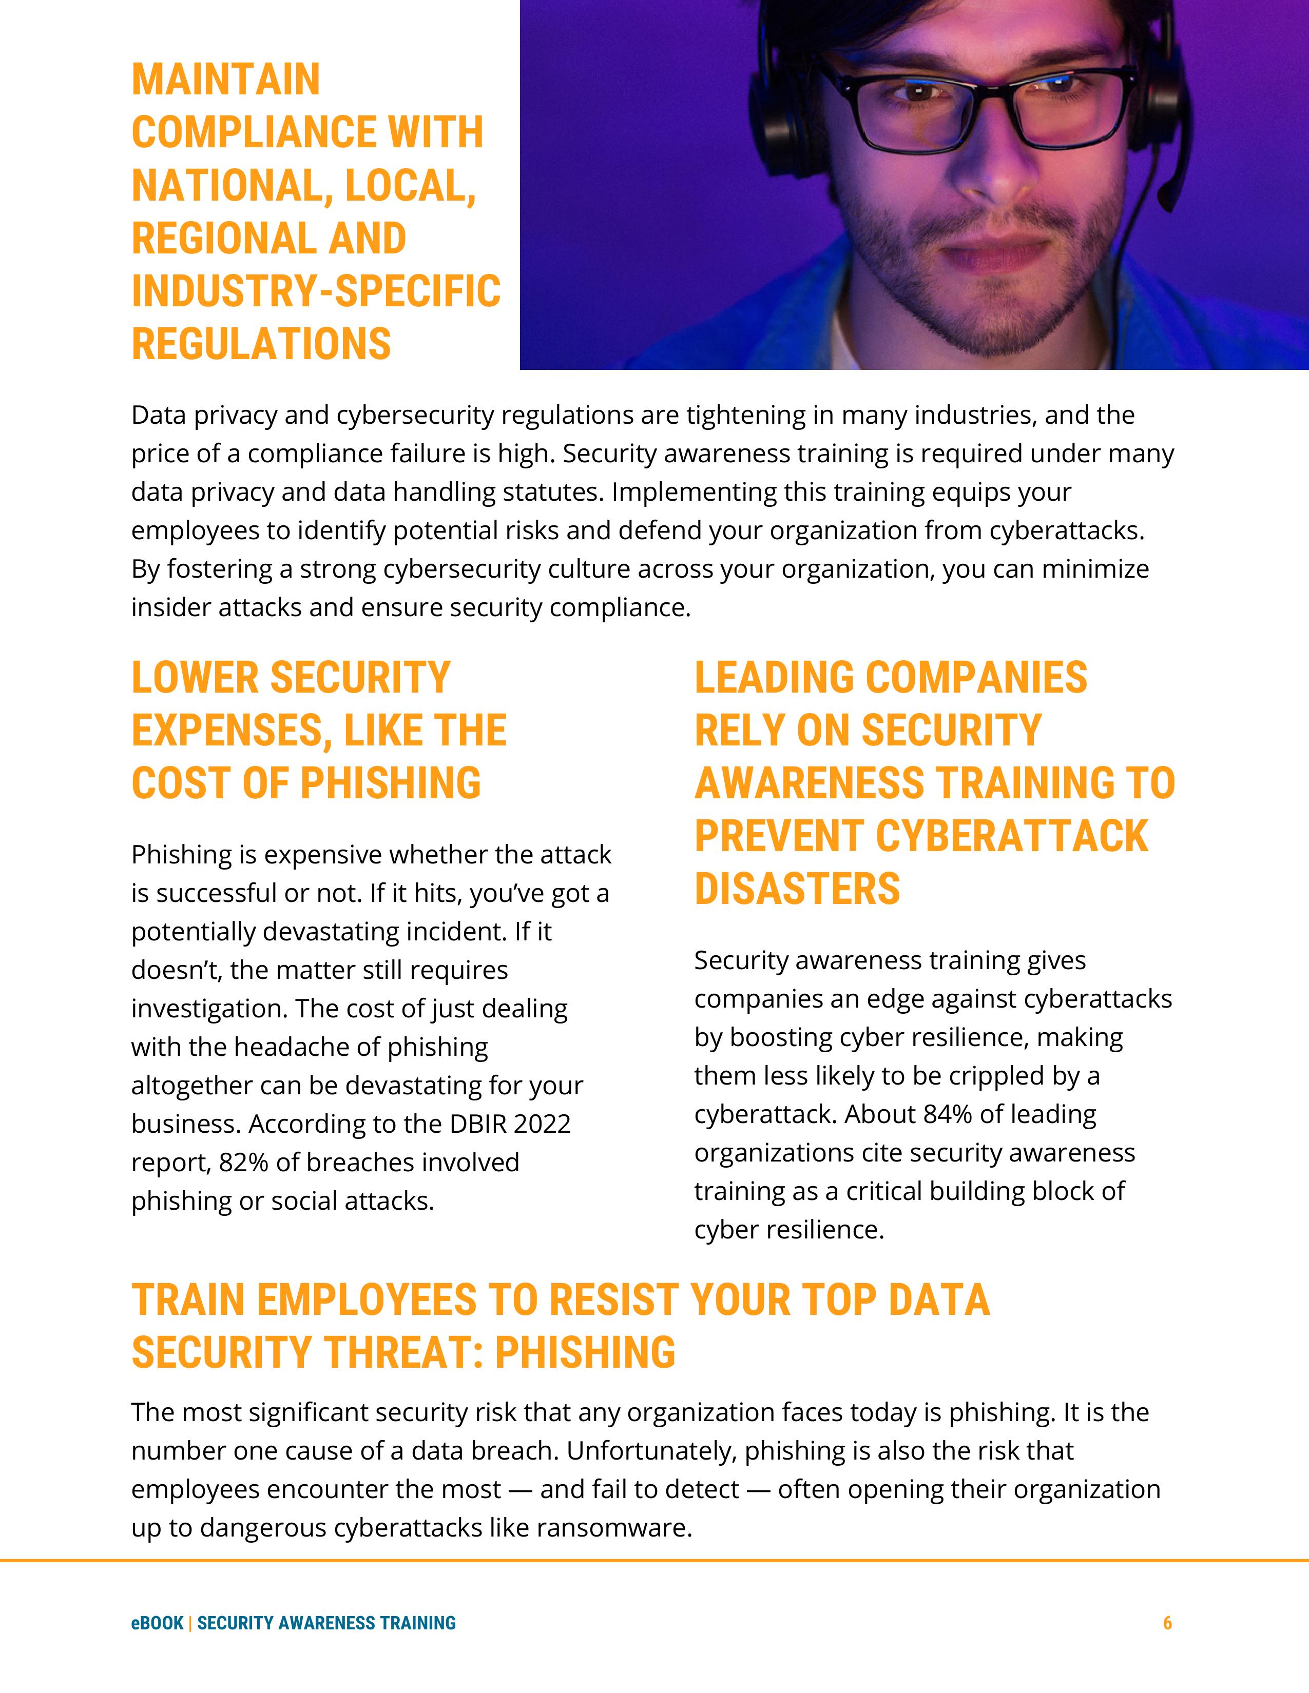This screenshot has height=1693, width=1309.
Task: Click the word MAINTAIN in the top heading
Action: click(x=226, y=80)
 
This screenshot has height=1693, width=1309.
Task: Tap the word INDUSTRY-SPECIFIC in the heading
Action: click(x=316, y=291)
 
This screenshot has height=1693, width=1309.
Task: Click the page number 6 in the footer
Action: click(x=1167, y=1622)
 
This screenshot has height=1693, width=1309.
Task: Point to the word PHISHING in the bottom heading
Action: click(x=585, y=1353)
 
